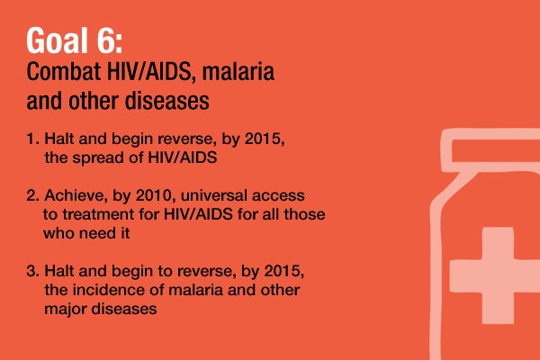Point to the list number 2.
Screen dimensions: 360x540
click(31, 195)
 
